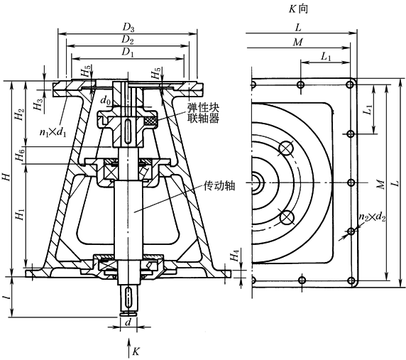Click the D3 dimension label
128,27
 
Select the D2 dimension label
128,40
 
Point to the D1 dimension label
128,52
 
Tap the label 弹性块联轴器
204,113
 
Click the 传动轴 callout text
219,186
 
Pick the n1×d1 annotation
53,132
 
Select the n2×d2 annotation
372,217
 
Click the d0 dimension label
106,99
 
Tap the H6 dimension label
20,154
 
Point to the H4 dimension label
234,256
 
